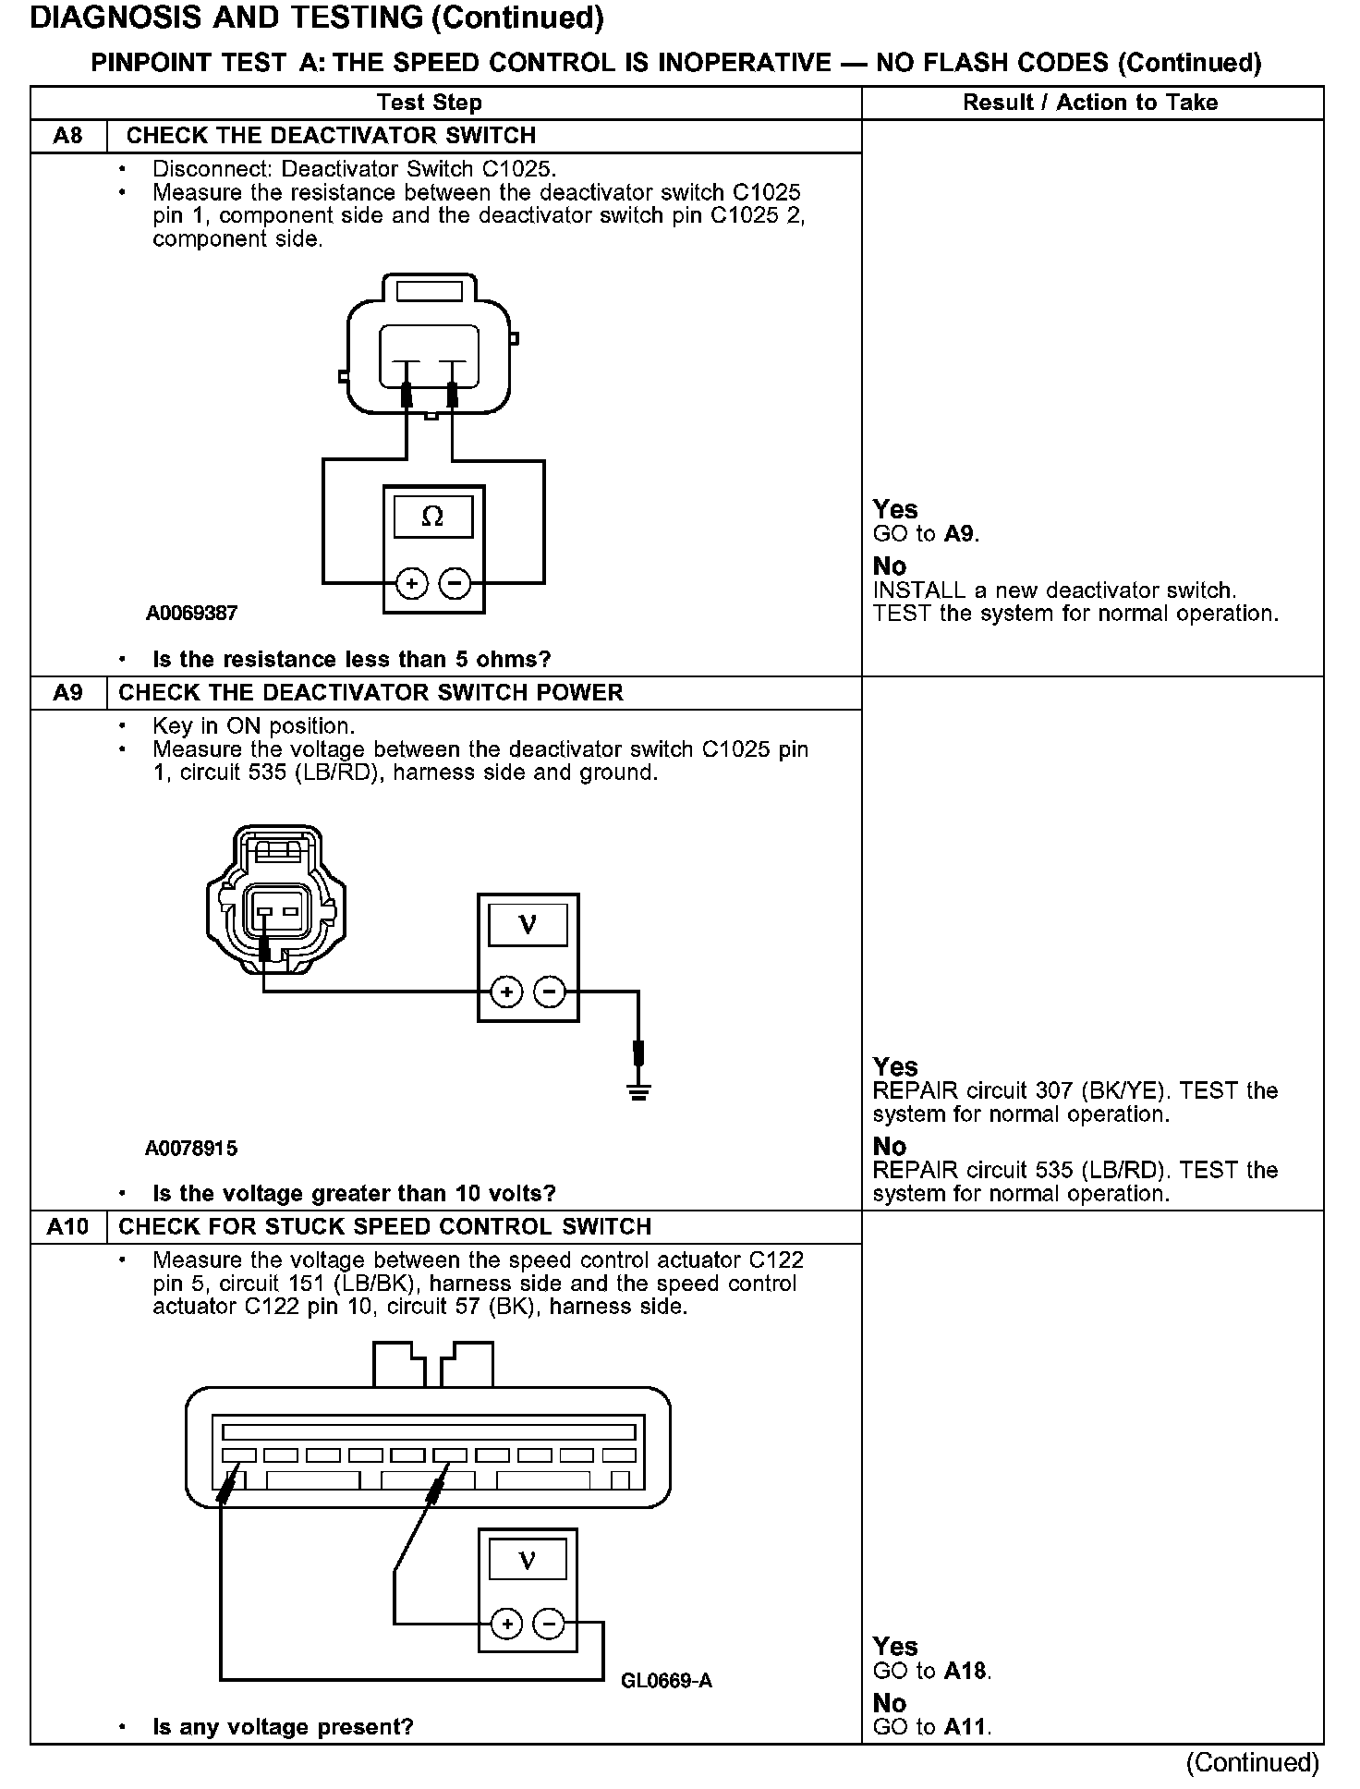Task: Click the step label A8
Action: click(x=67, y=136)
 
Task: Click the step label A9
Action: click(x=67, y=693)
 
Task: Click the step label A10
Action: click(x=67, y=1227)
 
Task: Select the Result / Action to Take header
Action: click(x=1090, y=103)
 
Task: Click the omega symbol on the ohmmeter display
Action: click(x=432, y=517)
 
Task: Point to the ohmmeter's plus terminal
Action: click(x=411, y=584)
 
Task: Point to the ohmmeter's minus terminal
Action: click(x=455, y=584)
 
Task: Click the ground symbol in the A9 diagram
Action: click(x=638, y=1093)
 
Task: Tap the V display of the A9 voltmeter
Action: click(x=528, y=924)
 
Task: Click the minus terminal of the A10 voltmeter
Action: click(x=550, y=1624)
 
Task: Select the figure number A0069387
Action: click(x=191, y=613)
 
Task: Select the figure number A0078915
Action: click(x=191, y=1149)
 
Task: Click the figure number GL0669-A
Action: click(x=666, y=1681)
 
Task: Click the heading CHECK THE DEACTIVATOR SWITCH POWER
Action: click(x=370, y=693)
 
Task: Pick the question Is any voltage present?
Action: click(x=283, y=1727)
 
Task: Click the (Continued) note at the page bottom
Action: click(x=1252, y=1763)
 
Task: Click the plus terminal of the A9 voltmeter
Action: click(x=506, y=993)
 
